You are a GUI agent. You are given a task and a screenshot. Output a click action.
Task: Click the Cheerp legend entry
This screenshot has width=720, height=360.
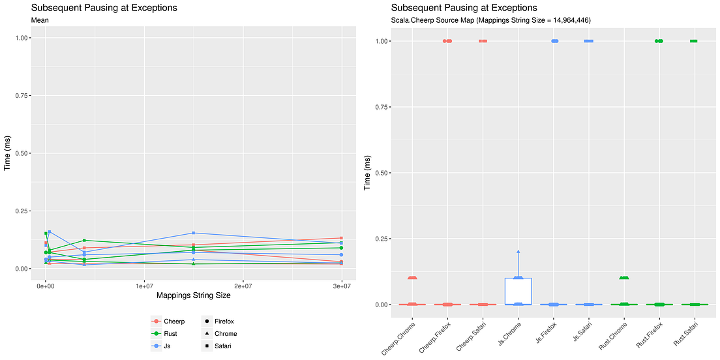click(x=168, y=321)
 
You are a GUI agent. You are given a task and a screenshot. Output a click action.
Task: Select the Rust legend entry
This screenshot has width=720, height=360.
click(x=164, y=334)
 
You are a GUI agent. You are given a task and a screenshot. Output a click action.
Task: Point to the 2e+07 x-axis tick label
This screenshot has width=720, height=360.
click(x=243, y=286)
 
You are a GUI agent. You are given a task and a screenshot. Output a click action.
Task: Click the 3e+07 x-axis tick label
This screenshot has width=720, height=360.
click(x=341, y=286)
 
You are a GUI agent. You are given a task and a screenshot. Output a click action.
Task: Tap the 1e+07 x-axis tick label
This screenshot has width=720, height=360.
click(x=143, y=286)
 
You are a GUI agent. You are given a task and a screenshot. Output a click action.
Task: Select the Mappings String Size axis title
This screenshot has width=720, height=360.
click(x=193, y=295)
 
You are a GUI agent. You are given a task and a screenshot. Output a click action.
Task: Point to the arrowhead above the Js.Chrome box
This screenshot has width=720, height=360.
click(x=518, y=252)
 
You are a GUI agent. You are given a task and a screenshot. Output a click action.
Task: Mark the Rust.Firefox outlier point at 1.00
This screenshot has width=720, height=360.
click(x=659, y=41)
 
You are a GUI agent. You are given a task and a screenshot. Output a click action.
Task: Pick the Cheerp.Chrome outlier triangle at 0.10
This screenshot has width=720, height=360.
click(x=412, y=278)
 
